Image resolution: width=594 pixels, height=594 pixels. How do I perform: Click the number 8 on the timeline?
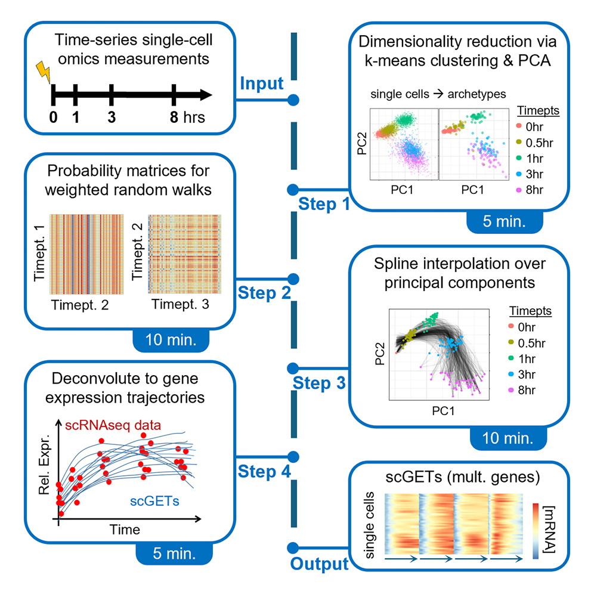pyautogui.click(x=174, y=117)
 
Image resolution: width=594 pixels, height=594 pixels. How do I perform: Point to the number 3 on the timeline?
pyautogui.click(x=112, y=117)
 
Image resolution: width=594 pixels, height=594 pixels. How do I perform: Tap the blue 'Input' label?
pyautogui.click(x=261, y=83)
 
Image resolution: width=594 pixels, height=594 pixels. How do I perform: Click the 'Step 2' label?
pyautogui.click(x=265, y=293)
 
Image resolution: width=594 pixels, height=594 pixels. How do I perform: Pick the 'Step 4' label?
pyautogui.click(x=264, y=471)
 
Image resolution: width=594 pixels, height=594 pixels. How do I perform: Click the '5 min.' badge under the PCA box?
pyautogui.click(x=505, y=224)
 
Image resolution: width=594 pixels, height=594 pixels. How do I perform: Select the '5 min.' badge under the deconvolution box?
pyautogui.click(x=175, y=553)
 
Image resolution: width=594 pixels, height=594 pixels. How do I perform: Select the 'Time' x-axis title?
pyautogui.click(x=124, y=529)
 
